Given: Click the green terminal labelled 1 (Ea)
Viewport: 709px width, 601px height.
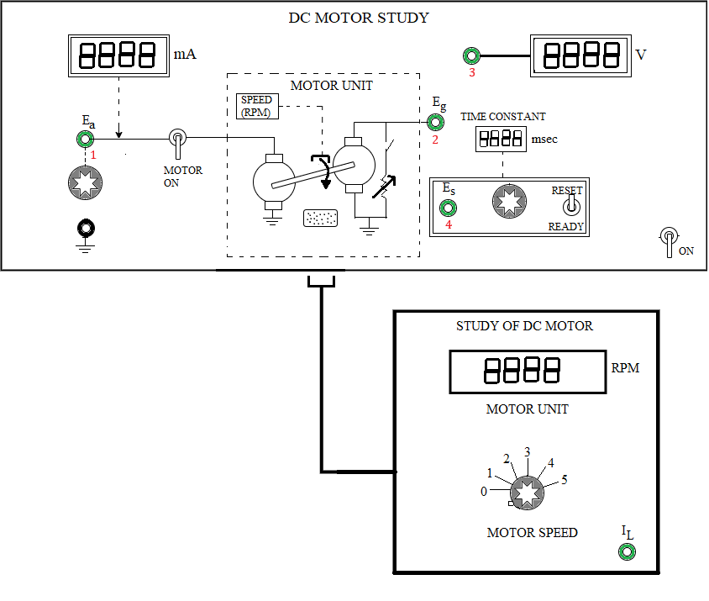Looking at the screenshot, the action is click(x=85, y=139).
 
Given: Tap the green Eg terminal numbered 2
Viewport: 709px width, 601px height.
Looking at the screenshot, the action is click(x=435, y=122).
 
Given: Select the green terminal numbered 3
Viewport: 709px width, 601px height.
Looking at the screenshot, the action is click(x=471, y=55).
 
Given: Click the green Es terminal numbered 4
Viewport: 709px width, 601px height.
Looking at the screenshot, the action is click(x=448, y=208).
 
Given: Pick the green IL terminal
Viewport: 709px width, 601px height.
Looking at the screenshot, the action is click(x=627, y=551).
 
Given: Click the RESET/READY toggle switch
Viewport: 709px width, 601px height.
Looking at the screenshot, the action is click(x=571, y=205).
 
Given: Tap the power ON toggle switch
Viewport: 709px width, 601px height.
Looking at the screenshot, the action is click(x=669, y=240).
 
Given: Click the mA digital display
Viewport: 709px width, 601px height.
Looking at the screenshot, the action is click(x=119, y=55).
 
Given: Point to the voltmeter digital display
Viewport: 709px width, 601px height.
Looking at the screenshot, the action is click(x=580, y=55).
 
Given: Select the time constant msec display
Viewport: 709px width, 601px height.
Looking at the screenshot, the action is click(x=501, y=139).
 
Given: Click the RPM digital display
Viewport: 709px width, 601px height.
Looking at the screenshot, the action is click(x=528, y=372).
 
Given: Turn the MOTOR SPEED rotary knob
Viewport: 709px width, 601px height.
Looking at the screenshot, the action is click(x=528, y=493).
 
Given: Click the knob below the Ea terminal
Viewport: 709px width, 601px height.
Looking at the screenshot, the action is click(x=85, y=183).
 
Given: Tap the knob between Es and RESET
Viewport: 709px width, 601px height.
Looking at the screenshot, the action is click(x=510, y=202).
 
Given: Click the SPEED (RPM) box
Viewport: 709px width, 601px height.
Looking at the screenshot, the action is click(x=257, y=107).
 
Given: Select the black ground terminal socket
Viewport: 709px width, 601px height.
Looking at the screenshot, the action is click(x=86, y=228).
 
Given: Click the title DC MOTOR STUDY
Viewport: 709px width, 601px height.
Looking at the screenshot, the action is click(x=359, y=18).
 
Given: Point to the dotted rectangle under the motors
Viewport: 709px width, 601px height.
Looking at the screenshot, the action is click(x=320, y=218).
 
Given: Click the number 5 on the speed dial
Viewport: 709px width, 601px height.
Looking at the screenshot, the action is click(x=565, y=480).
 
